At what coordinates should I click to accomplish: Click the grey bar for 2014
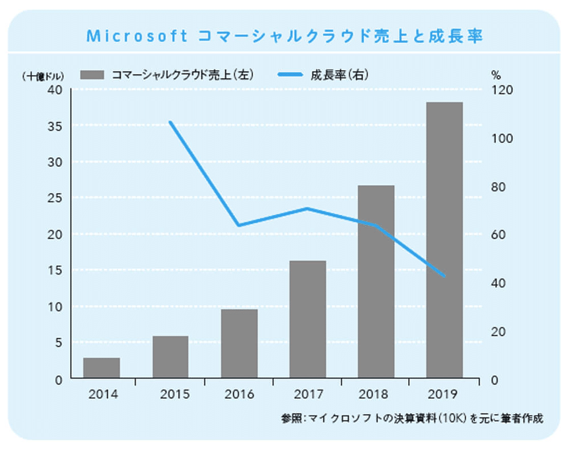coord(101,367)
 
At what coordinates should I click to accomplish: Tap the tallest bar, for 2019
coord(444,239)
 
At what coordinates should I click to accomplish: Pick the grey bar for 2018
coord(376,281)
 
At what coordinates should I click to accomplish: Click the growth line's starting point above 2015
coord(170,122)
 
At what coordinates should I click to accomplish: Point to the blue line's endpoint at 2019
coord(444,276)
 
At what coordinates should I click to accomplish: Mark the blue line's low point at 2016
coord(239,226)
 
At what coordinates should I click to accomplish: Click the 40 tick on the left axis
coord(55,90)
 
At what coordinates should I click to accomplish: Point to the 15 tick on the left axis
coord(55,270)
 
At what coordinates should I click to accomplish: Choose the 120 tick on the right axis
coord(498,90)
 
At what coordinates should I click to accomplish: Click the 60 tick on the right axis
coord(496,235)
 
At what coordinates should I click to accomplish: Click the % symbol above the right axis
coord(495,75)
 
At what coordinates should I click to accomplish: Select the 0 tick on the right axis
coord(494,379)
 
